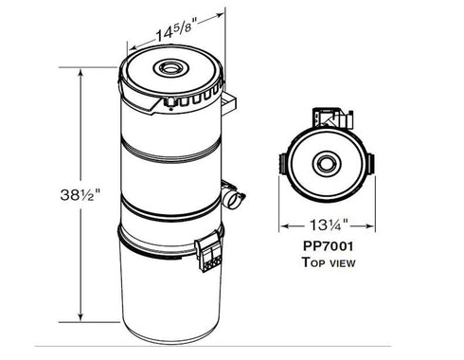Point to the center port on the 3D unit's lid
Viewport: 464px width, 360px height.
coord(175,69)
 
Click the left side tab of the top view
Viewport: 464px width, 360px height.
coord(281,164)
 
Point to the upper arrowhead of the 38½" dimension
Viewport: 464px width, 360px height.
coord(80,70)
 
